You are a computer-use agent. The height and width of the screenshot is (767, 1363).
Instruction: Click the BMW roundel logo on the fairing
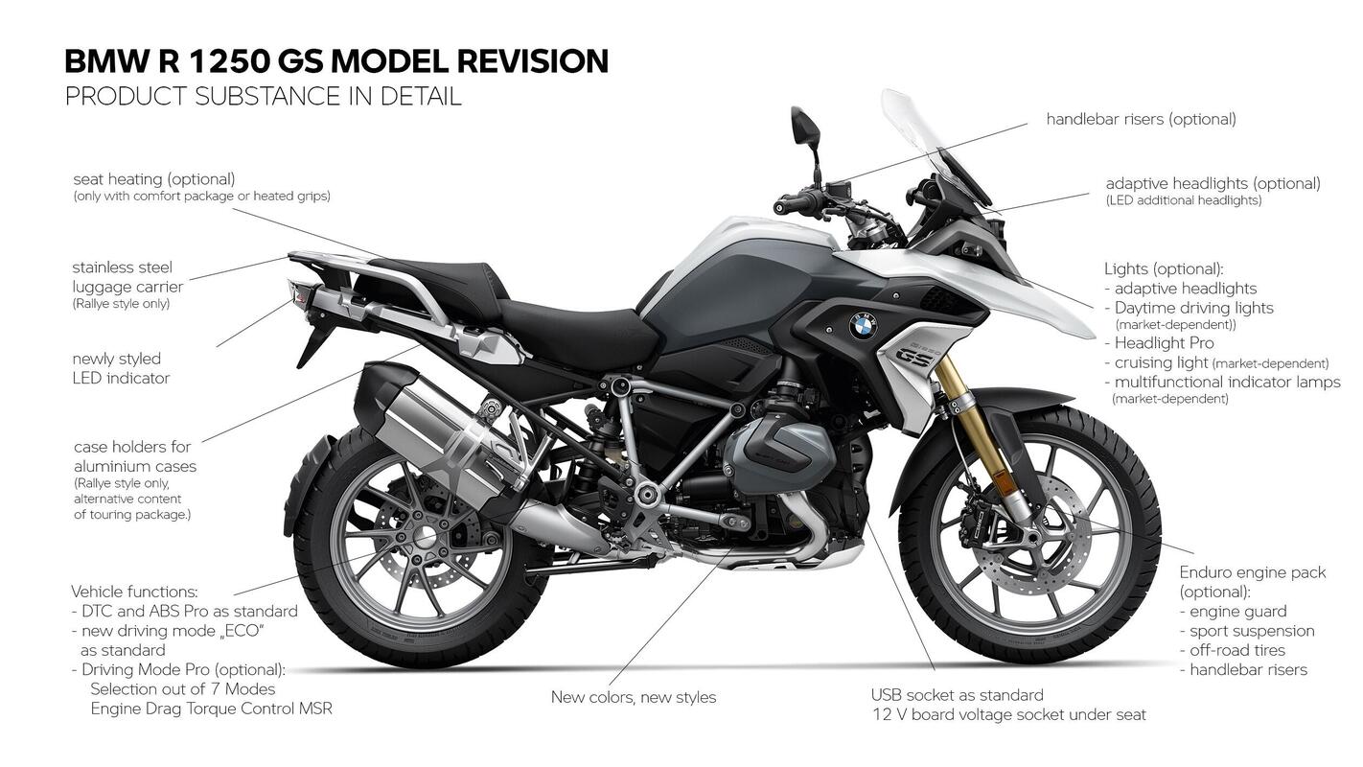click(861, 327)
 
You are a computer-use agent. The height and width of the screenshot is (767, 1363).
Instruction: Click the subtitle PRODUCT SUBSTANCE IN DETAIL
click(263, 96)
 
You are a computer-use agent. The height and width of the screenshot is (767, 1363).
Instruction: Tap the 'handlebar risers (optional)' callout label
click(1141, 120)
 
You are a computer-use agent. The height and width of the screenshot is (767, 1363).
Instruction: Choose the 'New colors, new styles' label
click(633, 697)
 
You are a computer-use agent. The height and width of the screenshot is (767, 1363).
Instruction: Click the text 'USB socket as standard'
click(957, 695)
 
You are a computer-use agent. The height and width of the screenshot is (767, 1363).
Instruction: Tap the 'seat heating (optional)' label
click(153, 179)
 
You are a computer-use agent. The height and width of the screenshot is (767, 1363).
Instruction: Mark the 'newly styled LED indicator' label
click(121, 368)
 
